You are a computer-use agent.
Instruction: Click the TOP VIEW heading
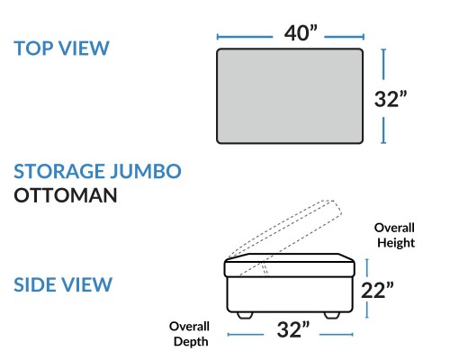point(61,49)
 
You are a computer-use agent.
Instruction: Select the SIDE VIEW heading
point(63,284)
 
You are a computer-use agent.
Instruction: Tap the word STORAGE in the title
point(58,171)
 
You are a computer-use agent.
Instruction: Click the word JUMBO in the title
point(145,171)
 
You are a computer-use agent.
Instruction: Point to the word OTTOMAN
point(66,195)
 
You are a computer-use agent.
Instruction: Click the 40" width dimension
point(301,33)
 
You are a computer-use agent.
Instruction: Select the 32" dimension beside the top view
point(391,99)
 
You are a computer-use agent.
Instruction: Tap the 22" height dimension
point(377,290)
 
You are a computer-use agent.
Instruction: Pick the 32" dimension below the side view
point(293,329)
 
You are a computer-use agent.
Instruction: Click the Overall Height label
point(395,235)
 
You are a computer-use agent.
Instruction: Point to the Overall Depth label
point(190,334)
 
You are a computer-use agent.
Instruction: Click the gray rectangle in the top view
point(290,96)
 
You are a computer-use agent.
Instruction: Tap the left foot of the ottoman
point(245,315)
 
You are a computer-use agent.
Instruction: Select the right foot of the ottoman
point(332,315)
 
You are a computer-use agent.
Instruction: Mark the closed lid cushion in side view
point(290,265)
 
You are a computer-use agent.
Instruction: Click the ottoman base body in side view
point(290,294)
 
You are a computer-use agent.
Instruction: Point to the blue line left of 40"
point(245,37)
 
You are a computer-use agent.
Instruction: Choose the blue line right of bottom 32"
point(337,334)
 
